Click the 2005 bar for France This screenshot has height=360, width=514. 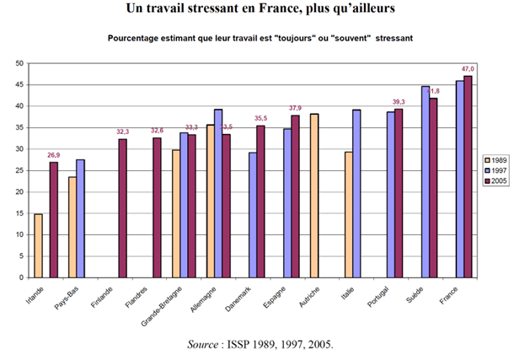pyautogui.click(x=468, y=176)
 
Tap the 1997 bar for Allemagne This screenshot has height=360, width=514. pyautogui.click(x=218, y=193)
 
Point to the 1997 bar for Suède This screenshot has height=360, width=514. pyautogui.click(x=426, y=181)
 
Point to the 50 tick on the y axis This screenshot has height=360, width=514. pyautogui.click(x=19, y=63)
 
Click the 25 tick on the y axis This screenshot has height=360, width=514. pyautogui.click(x=19, y=169)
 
